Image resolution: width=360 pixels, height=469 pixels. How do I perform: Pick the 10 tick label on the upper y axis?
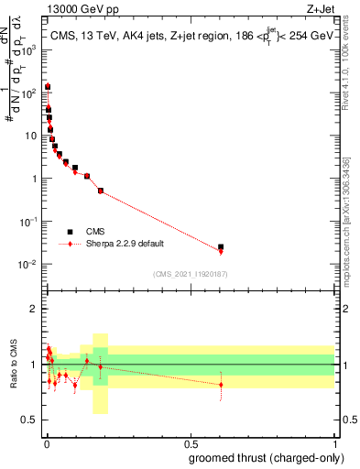(34, 136)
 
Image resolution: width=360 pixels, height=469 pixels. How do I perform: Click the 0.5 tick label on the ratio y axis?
(32, 420)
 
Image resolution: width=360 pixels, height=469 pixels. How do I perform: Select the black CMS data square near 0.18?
(100, 190)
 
